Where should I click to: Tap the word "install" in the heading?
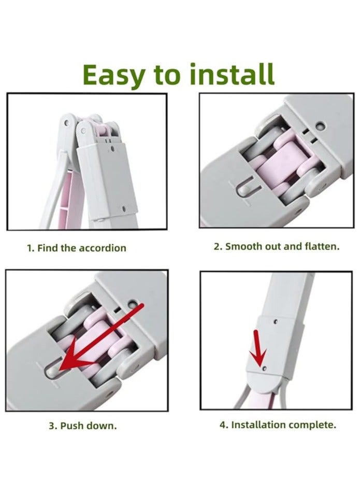(x=233, y=74)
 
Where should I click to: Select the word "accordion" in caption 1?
(x=102, y=248)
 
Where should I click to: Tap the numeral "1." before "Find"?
(x=31, y=248)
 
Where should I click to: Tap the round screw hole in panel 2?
(x=320, y=126)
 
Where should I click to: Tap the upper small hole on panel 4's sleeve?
(x=276, y=321)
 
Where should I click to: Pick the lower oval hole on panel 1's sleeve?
(x=123, y=208)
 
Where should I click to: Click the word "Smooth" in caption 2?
(x=244, y=246)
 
